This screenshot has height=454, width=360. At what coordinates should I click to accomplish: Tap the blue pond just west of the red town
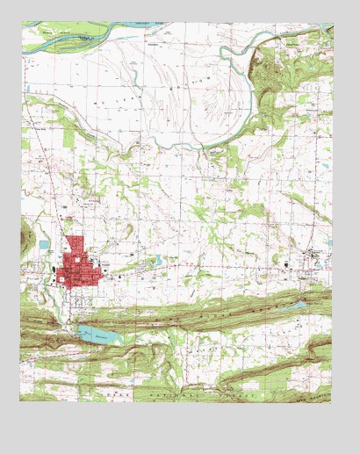[x=44, y=244]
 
